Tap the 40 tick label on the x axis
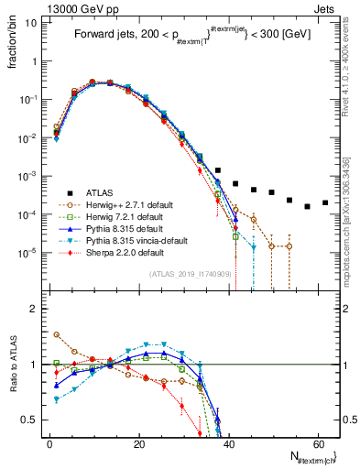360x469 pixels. tap(228, 443)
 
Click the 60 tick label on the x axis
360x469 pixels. tap(317, 443)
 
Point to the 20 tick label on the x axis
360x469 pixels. tap(138, 443)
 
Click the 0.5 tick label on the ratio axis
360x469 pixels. tap(32, 420)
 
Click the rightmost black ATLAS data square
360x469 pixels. tap(325, 202)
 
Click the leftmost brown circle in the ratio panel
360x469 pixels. tap(57, 334)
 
